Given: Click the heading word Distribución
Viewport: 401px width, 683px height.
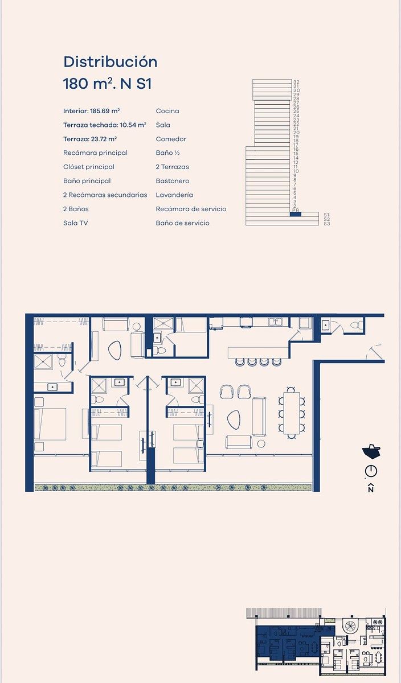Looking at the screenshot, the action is click(110, 62).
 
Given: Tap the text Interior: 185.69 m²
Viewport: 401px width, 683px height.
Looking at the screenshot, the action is click(91, 111).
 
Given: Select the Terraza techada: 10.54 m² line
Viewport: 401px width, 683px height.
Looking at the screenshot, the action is click(105, 125).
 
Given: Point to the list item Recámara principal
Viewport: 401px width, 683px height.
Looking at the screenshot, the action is click(95, 153).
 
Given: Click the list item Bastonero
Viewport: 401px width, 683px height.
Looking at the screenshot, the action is click(173, 181).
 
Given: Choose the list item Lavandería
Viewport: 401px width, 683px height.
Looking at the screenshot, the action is click(174, 195).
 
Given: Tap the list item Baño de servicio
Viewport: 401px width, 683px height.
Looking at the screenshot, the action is click(182, 223).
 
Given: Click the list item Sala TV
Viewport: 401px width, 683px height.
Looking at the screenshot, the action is click(75, 223).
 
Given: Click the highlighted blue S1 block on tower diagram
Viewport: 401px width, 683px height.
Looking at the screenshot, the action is click(296, 215).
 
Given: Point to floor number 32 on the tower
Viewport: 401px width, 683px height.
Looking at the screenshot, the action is click(296, 82).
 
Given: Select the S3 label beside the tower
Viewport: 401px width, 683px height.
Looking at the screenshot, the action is click(327, 224).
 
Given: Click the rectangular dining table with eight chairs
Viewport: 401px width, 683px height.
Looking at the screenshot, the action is click(292, 413).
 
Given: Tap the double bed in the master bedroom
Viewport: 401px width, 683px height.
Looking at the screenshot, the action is click(50, 424).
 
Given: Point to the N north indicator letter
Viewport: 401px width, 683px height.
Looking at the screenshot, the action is click(371, 488).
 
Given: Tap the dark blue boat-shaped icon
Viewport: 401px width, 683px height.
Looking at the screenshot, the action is click(371, 451).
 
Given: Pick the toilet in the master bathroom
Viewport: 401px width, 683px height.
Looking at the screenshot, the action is click(62, 361).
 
